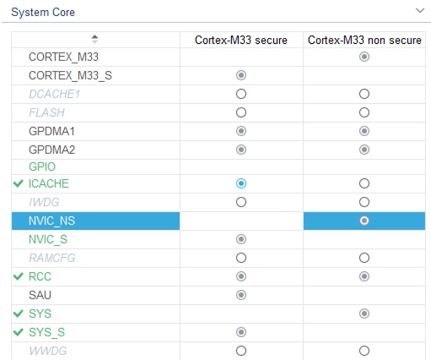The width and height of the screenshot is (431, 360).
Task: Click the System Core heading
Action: pyautogui.click(x=43, y=12)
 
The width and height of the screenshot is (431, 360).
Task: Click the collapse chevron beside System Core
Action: pyautogui.click(x=420, y=11)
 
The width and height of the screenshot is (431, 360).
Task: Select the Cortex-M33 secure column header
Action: pyautogui.click(x=241, y=40)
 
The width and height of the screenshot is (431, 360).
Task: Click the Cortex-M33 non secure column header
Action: pyautogui.click(x=364, y=40)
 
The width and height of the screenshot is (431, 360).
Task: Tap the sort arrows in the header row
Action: pyautogui.click(x=95, y=39)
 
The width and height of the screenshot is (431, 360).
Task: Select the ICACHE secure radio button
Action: pyautogui.click(x=241, y=183)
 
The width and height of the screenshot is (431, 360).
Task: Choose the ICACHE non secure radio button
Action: pyautogui.click(x=364, y=183)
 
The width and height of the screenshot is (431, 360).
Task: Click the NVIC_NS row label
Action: pyautogui.click(x=52, y=221)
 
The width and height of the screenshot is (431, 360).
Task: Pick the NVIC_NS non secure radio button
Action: pyautogui.click(x=364, y=221)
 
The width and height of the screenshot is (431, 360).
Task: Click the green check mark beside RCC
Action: pyautogui.click(x=18, y=276)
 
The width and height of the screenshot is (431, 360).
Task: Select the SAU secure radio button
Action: pyautogui.click(x=241, y=295)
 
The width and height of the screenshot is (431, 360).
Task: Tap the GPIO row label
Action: pyautogui.click(x=42, y=166)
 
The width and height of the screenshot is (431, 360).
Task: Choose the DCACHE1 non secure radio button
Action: pyautogui.click(x=364, y=94)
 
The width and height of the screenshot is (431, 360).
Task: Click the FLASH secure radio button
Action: pyautogui.click(x=241, y=112)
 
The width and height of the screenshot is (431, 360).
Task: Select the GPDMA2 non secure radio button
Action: pyautogui.click(x=364, y=150)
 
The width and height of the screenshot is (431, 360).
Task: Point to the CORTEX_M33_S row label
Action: pyautogui.click(x=70, y=76)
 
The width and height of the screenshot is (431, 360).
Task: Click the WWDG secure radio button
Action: pyautogui.click(x=241, y=351)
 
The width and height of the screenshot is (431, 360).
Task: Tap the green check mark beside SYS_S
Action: pyautogui.click(x=18, y=332)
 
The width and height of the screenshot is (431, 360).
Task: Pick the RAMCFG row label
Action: pyautogui.click(x=52, y=258)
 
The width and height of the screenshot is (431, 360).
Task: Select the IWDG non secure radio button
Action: pyautogui.click(x=364, y=202)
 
